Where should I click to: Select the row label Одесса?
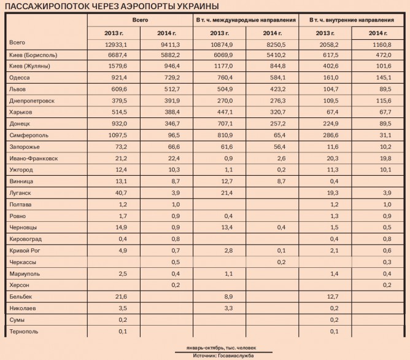point(20,78)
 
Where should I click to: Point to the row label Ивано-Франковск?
point(34,158)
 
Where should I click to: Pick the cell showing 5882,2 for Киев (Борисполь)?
point(167,55)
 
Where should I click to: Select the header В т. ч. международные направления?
point(246,20)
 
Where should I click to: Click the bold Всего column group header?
point(140,20)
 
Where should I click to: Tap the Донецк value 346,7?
point(167,123)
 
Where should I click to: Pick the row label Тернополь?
point(25,332)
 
